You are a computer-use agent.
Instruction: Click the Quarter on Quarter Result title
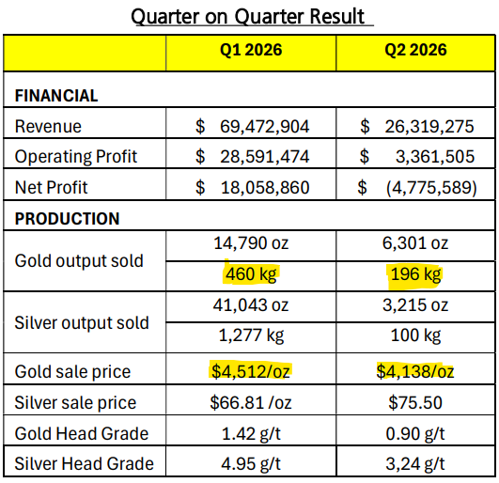tap(247, 16)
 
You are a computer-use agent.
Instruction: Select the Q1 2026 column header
tap(251, 50)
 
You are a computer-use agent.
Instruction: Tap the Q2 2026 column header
tap(415, 50)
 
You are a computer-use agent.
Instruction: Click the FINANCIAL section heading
tap(56, 96)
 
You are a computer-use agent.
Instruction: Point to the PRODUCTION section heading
tap(67, 219)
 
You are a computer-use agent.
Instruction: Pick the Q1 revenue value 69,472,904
tap(264, 126)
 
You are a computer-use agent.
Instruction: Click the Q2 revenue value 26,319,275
tap(429, 126)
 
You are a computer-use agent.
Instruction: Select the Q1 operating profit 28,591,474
tap(264, 157)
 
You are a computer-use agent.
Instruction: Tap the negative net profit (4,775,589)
tap(431, 187)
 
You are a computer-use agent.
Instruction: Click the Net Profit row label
tap(51, 187)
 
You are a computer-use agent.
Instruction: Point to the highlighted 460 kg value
tap(251, 274)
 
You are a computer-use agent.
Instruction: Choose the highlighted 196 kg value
tap(415, 274)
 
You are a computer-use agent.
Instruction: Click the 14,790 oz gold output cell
tap(251, 243)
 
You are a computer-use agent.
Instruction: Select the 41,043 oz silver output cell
tap(251, 305)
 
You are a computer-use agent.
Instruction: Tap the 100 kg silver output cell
tap(415, 335)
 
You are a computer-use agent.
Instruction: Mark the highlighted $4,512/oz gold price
tap(251, 371)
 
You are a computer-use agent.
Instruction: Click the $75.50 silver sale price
tap(415, 402)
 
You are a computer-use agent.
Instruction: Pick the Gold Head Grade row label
tap(82, 433)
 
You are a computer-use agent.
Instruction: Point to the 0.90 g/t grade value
tap(415, 434)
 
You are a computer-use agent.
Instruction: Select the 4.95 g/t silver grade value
tap(251, 464)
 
